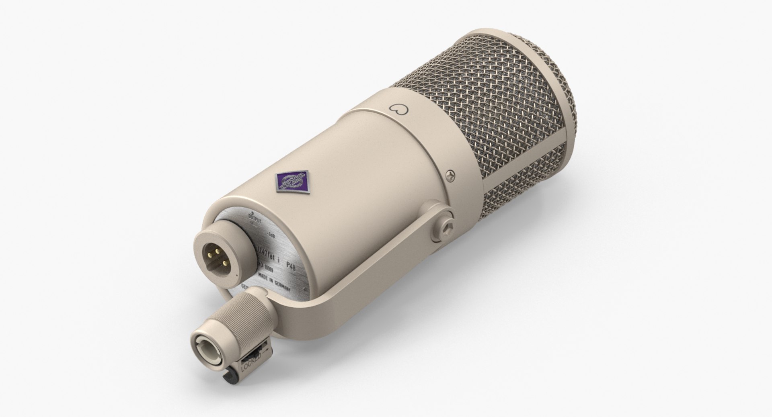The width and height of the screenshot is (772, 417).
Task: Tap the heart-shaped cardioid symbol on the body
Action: pos(396,108)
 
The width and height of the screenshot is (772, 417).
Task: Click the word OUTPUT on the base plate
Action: pos(255,218)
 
